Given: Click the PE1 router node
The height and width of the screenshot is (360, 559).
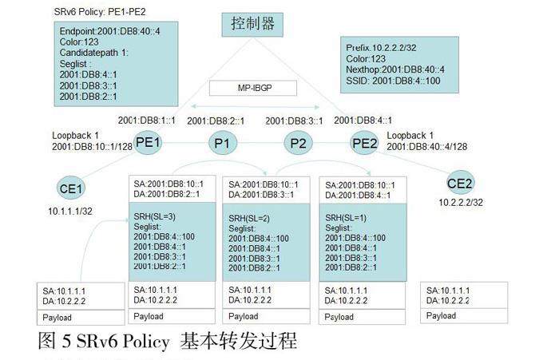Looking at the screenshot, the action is [x=149, y=143].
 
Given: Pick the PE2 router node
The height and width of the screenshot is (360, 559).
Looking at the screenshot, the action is [x=365, y=144].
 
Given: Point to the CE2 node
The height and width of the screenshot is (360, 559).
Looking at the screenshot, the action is [x=460, y=184].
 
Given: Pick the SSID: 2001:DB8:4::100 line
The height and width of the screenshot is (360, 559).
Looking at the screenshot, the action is [x=394, y=81].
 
